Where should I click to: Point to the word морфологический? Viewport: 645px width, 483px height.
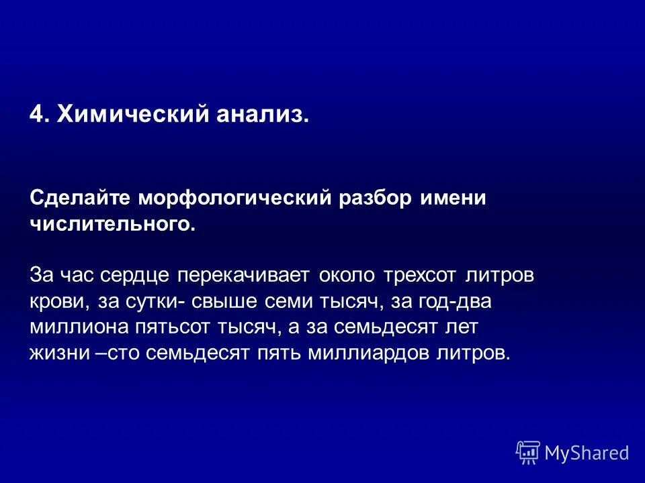(236, 199)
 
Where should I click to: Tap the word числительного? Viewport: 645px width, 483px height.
(113, 224)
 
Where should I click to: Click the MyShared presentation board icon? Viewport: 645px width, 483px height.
(528, 452)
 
